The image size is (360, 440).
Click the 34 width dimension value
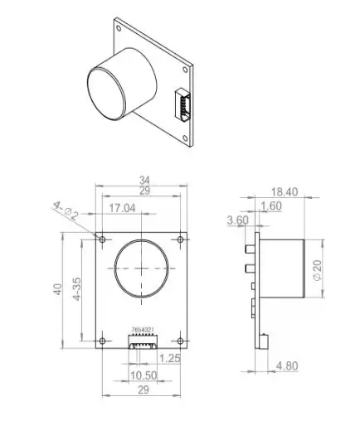pyautogui.click(x=144, y=180)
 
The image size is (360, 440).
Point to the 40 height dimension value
pyautogui.click(x=57, y=289)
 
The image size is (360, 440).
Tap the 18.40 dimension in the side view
pyautogui.click(x=283, y=191)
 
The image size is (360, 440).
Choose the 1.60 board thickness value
pyautogui.click(x=270, y=206)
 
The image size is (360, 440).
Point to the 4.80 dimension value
pyautogui.click(x=286, y=365)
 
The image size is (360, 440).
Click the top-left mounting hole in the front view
pyautogui.click(x=102, y=239)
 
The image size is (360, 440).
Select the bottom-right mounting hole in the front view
pyautogui.click(x=182, y=340)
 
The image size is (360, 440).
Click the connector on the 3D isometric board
pyautogui.click(x=180, y=107)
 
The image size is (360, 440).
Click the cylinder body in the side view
pyautogui.click(x=283, y=268)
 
